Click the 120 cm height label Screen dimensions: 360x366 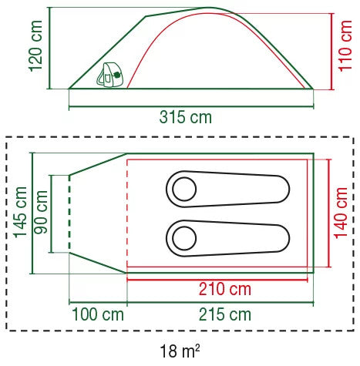coord(35,46)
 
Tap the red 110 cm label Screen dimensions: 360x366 coord(345,46)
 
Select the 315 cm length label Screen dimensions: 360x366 coord(186,117)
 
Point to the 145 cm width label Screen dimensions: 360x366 coord(20,213)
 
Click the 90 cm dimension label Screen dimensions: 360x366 coord(41,213)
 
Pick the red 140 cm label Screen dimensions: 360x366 coord(341,213)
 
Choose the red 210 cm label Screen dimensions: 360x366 coord(225,289)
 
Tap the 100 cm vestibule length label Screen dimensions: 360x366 coord(98,314)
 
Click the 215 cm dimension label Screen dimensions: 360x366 coord(225,314)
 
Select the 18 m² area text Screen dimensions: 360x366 coord(180,351)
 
